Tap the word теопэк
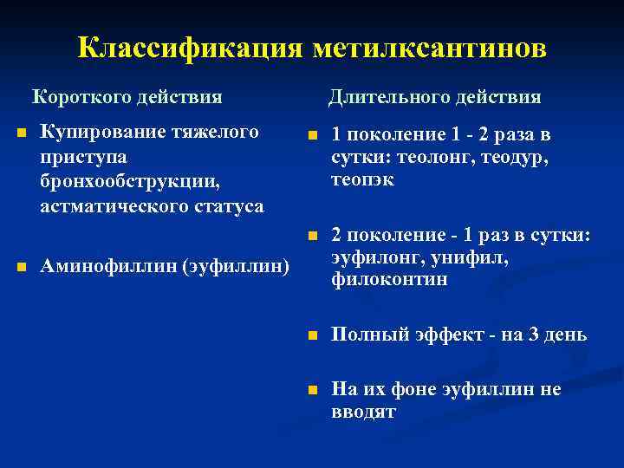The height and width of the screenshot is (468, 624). click(x=362, y=181)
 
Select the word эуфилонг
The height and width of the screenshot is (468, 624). click(x=372, y=258)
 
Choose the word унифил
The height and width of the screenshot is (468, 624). click(x=472, y=258)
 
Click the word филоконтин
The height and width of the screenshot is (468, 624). click(x=389, y=280)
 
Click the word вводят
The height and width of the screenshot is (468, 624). click(x=364, y=412)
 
